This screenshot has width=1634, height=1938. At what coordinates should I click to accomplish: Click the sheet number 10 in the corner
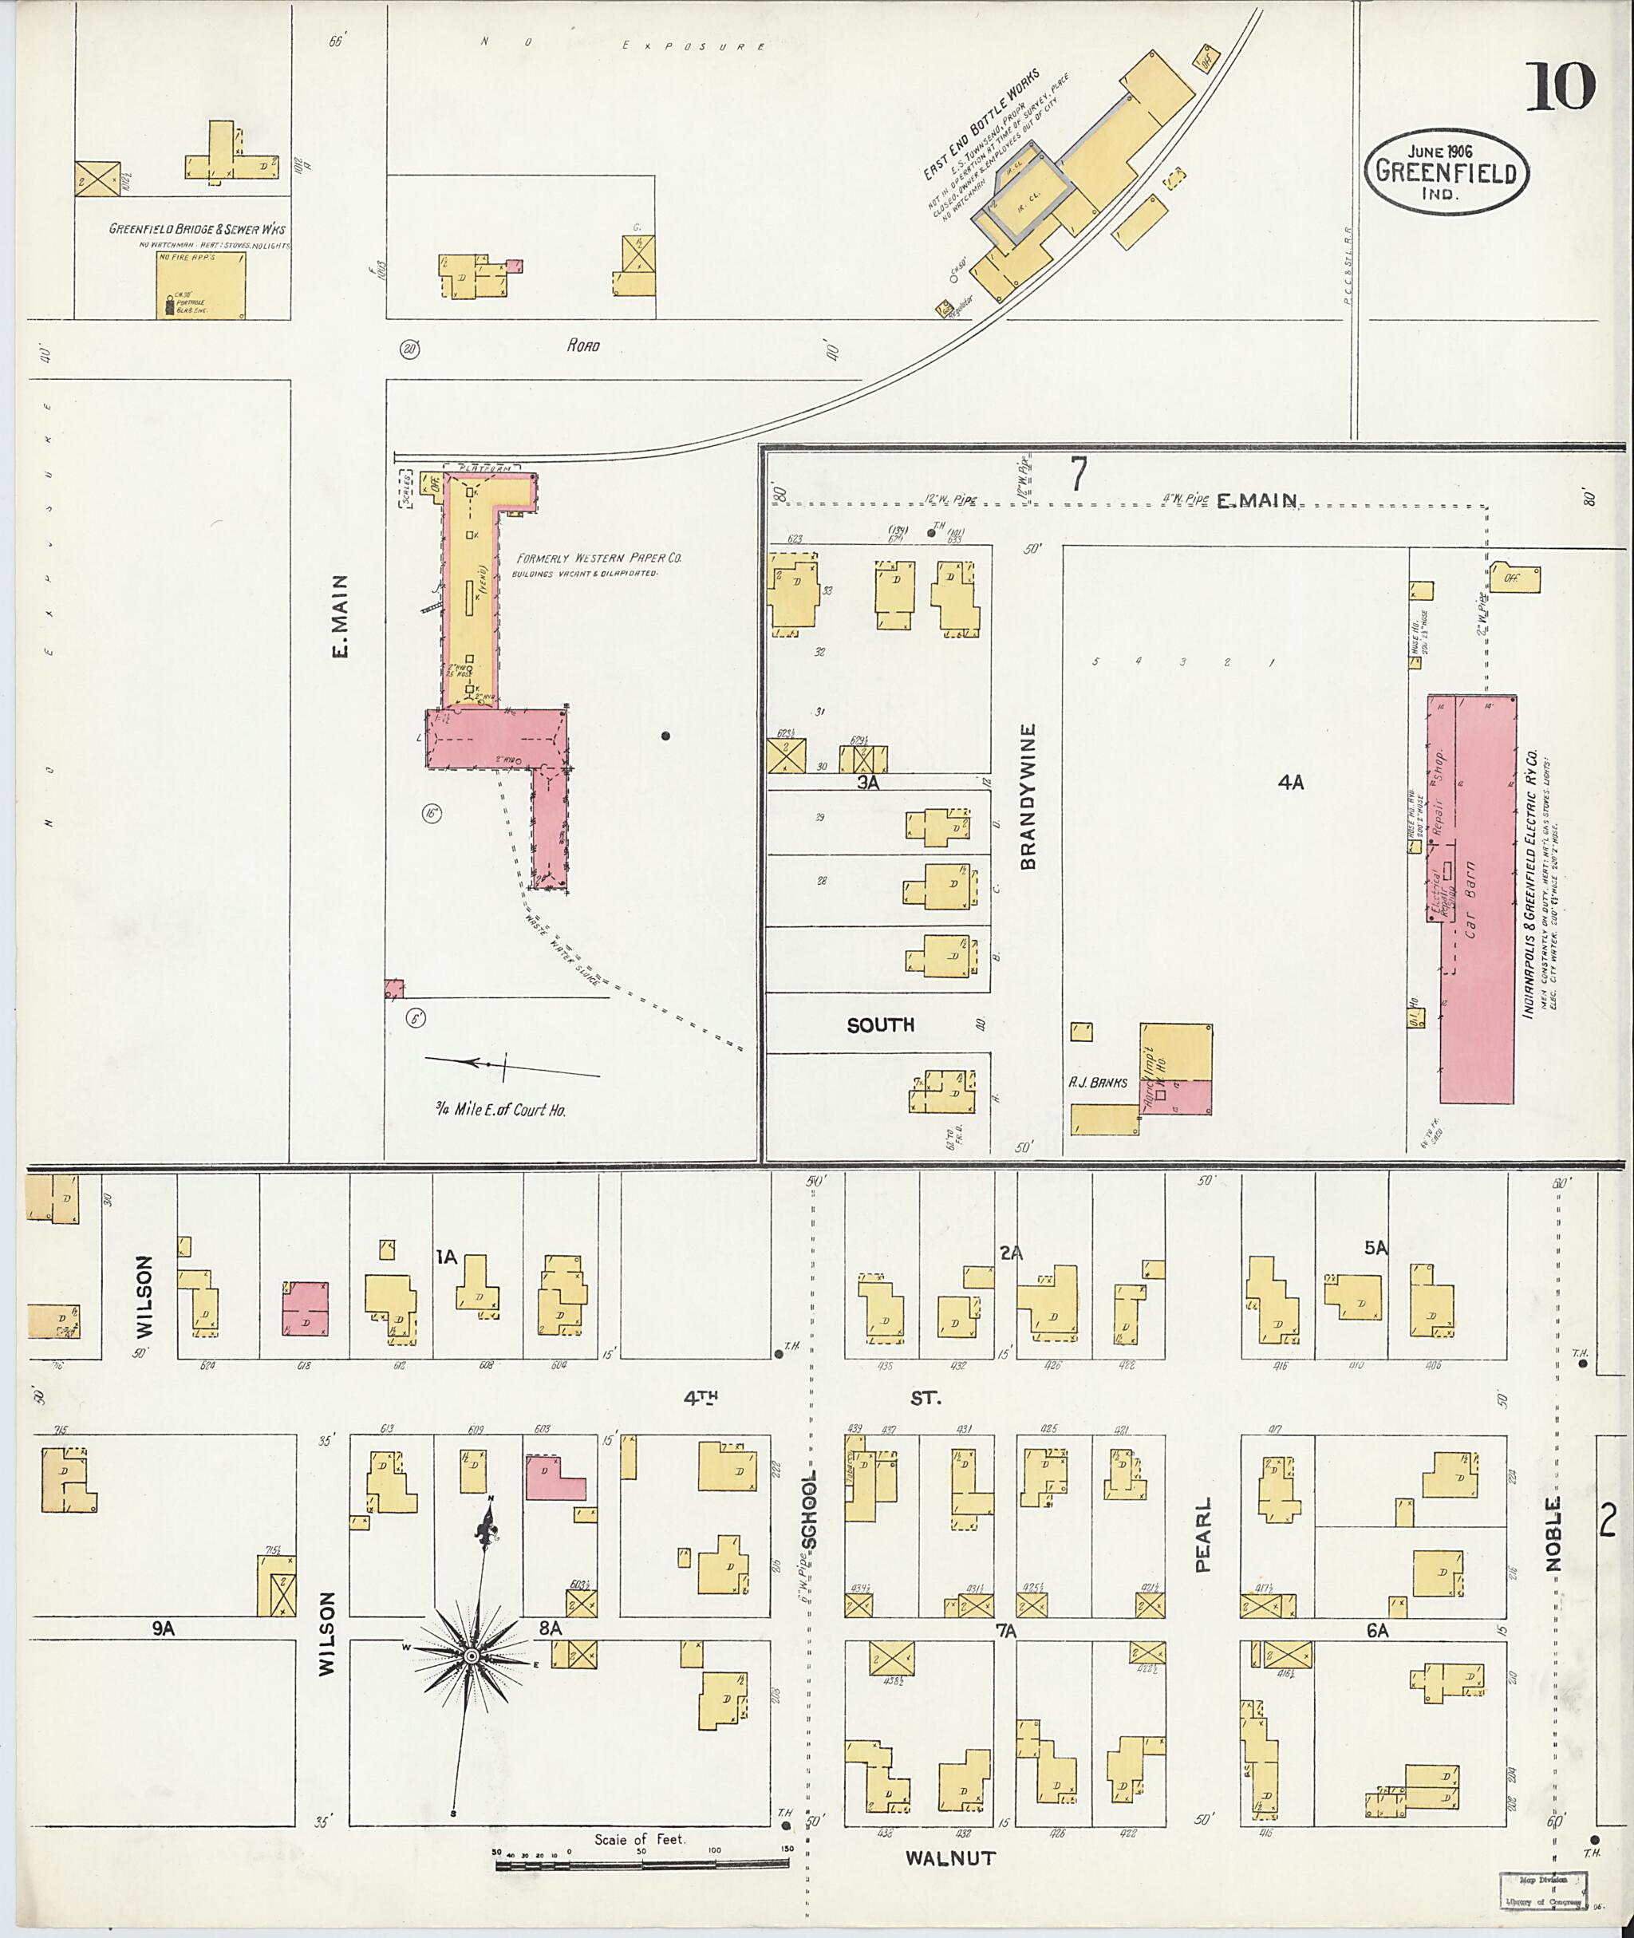[1561, 87]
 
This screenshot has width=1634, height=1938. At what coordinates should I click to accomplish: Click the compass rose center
[472, 1656]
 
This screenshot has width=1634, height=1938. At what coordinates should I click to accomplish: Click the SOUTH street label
[880, 1024]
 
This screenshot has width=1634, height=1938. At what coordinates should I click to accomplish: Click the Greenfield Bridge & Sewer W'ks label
[197, 229]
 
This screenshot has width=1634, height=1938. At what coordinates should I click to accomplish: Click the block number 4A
[1290, 783]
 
